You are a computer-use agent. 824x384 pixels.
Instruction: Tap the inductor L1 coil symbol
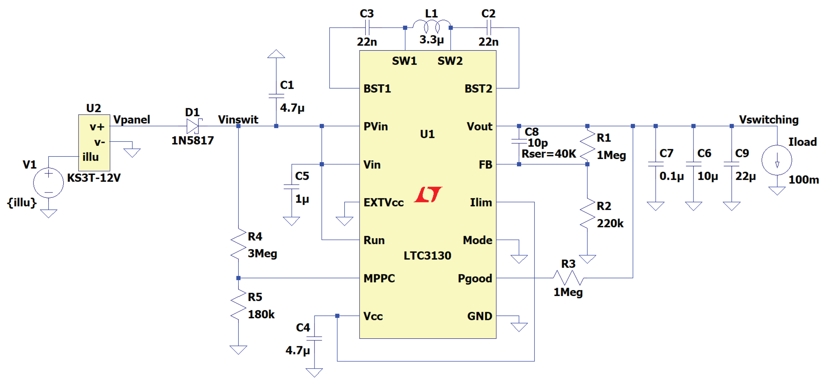[x=431, y=26]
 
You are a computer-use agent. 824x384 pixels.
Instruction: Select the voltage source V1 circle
[x=48, y=183]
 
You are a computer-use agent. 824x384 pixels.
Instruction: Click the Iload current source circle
[x=777, y=160]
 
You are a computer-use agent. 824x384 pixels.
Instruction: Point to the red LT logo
[x=428, y=195]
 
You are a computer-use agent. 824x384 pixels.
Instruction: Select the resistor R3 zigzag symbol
[x=568, y=278]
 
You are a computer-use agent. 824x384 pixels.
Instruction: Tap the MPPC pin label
[x=379, y=278]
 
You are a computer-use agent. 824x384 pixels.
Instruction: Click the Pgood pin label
[x=475, y=279]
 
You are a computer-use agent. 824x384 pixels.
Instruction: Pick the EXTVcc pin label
[x=383, y=202]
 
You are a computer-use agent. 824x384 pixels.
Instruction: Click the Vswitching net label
[x=769, y=120]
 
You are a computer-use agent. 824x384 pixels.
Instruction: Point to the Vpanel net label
[x=132, y=120]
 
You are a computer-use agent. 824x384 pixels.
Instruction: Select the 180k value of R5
[x=261, y=314]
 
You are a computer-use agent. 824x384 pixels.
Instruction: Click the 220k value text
[x=610, y=223]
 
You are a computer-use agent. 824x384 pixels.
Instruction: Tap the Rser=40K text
[x=549, y=154]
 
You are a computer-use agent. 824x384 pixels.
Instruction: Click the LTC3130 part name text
[x=427, y=255]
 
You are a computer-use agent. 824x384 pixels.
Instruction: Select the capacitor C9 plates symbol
[x=731, y=164]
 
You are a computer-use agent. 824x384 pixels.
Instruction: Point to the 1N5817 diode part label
[x=192, y=141]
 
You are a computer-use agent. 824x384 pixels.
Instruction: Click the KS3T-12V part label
[x=94, y=178]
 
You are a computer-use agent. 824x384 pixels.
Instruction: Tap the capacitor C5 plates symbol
[x=292, y=187]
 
